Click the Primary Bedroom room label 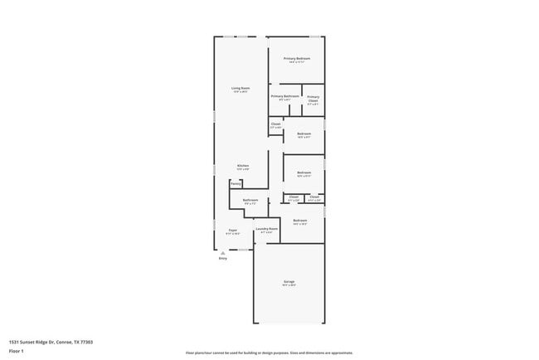[297, 58]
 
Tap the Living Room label [240, 88]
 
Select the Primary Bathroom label [284, 96]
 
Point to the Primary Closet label [313, 100]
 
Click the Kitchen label [243, 165]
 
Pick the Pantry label [236, 183]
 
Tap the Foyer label [233, 230]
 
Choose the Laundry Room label [266, 228]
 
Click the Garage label [289, 281]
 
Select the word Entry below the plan [222, 260]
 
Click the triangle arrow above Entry [222, 253]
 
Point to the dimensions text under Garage [289, 285]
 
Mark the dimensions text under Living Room [240, 92]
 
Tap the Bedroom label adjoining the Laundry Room [300, 220]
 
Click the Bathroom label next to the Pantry [250, 200]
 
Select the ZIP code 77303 [86, 342]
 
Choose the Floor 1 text [17, 351]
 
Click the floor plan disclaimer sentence [269, 353]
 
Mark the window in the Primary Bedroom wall [315, 36]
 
